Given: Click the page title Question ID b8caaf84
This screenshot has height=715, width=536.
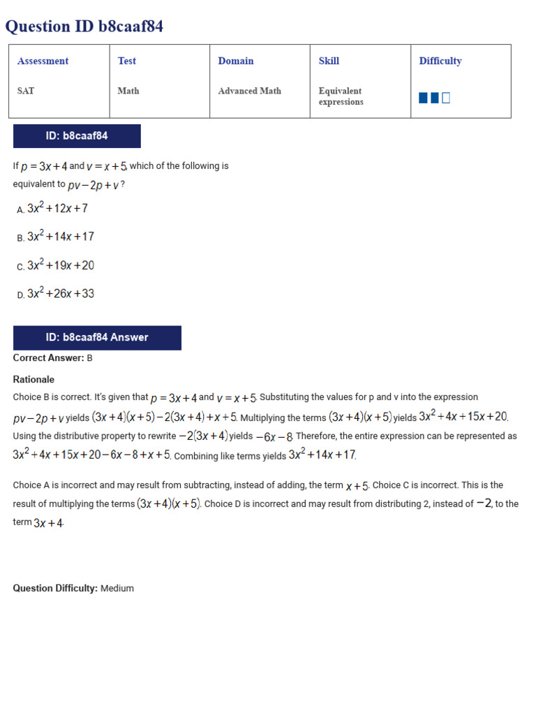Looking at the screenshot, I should [84, 27].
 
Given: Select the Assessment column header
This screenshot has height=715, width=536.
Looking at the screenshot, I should [43, 61].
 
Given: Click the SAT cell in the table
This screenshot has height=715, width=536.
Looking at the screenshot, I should [26, 91].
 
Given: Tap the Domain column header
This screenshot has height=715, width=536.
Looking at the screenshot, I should [236, 61].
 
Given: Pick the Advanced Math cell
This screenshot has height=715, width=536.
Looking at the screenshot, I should [249, 91].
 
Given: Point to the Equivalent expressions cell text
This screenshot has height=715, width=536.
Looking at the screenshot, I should [341, 96].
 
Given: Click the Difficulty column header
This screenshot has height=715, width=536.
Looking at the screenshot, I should [440, 61].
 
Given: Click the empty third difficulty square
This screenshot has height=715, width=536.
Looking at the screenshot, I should [446, 98].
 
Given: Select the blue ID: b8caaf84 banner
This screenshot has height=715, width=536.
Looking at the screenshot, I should [77, 136].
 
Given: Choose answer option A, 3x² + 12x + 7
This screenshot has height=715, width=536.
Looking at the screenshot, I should [57, 208].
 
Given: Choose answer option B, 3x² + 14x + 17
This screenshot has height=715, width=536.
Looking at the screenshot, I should [60, 237].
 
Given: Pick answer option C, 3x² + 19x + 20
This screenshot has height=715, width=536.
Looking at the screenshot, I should [60, 265].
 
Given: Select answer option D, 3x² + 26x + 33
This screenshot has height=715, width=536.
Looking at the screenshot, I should [60, 294].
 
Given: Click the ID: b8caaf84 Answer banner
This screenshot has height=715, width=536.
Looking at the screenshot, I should [97, 338].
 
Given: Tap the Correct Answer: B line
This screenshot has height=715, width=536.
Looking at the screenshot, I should [53, 358].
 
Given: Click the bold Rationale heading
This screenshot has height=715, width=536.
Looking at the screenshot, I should [33, 380].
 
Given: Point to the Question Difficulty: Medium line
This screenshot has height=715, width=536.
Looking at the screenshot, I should [73, 589].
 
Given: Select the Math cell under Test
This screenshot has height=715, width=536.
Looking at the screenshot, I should [128, 91].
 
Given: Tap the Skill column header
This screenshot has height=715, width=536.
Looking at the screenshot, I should [329, 61].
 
